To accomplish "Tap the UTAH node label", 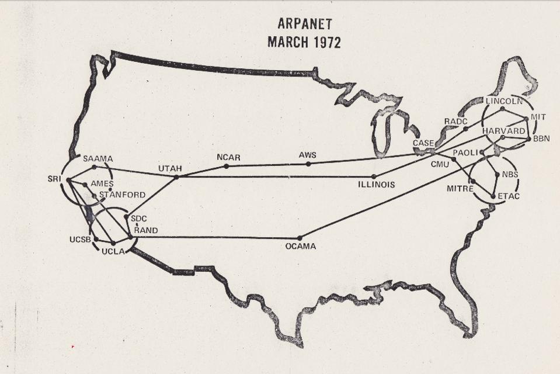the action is [x=170, y=168].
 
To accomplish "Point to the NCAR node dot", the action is [x=227, y=166].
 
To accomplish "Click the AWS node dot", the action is [x=308, y=164].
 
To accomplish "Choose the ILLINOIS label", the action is [x=377, y=185].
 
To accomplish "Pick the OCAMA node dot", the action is [x=300, y=238].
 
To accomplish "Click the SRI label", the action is [x=55, y=178].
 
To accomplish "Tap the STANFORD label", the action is [x=123, y=195].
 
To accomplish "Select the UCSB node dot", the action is [x=96, y=238].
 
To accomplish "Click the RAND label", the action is [x=146, y=230].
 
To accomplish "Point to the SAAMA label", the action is [x=98, y=158].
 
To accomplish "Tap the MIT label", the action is [x=538, y=117].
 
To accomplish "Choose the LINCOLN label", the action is [x=504, y=101].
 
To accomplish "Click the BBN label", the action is [x=542, y=139].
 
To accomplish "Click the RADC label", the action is [x=455, y=122].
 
